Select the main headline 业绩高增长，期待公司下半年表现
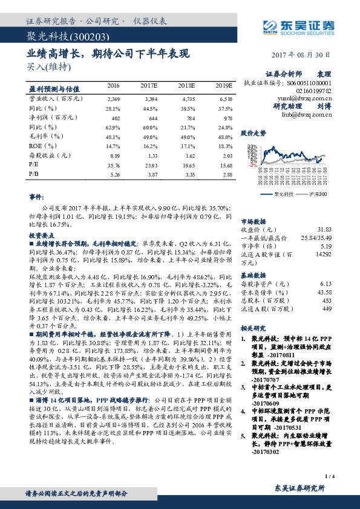108,53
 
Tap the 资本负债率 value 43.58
324,293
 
